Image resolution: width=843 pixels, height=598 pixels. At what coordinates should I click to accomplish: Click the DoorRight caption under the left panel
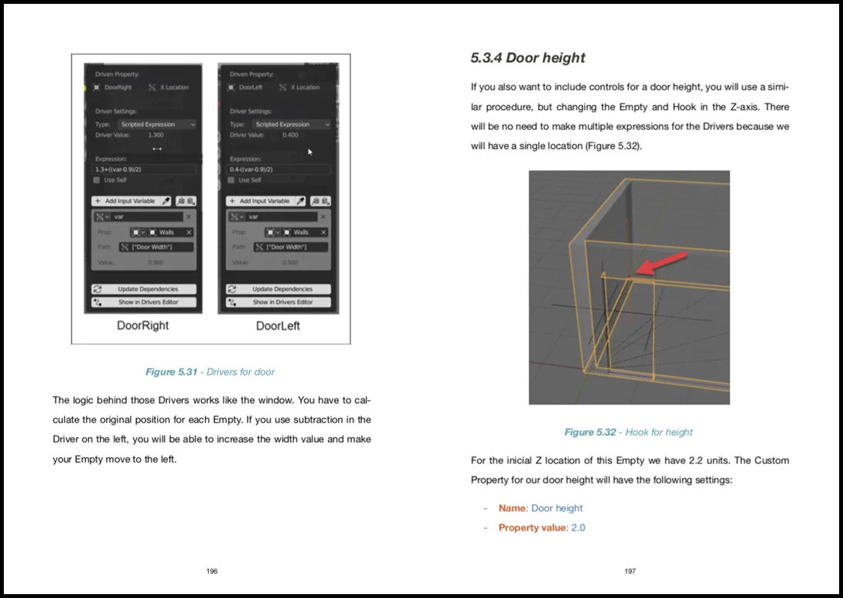[x=142, y=326]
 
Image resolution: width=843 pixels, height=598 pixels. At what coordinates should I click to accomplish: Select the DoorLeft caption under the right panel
[x=278, y=326]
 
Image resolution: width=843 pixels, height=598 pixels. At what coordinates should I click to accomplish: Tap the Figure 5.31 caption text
[x=210, y=372]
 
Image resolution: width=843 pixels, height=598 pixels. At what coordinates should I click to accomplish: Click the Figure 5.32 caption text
[x=628, y=432]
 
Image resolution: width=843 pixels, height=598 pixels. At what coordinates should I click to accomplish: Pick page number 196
[x=212, y=571]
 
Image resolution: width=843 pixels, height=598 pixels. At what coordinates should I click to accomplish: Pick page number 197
[x=630, y=571]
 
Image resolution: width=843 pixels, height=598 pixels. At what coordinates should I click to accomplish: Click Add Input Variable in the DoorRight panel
[x=131, y=201]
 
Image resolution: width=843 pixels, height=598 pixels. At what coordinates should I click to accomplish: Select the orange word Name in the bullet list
[x=512, y=508]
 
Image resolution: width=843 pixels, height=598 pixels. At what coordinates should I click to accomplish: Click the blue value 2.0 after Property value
[x=578, y=528]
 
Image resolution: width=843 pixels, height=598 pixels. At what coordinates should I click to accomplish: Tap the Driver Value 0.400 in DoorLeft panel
[x=290, y=135]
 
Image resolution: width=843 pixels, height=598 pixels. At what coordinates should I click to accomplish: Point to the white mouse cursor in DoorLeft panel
[x=310, y=152]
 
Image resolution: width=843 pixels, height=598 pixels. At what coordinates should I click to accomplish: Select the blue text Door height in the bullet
[x=557, y=508]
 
